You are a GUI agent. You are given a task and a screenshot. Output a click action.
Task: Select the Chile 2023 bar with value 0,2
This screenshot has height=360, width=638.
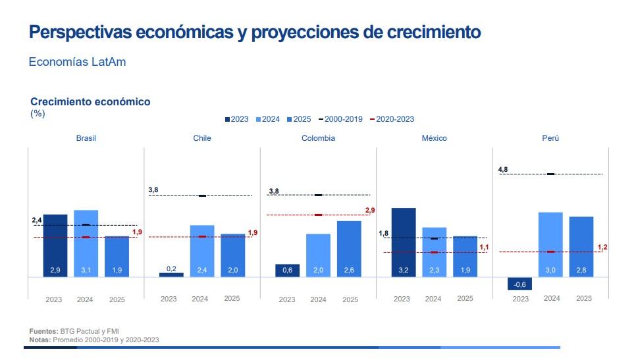[171, 274]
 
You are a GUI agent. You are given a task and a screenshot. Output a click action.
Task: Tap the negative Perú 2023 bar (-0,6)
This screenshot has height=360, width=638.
[519, 284]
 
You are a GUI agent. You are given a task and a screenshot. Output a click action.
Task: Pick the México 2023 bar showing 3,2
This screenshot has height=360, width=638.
[404, 242]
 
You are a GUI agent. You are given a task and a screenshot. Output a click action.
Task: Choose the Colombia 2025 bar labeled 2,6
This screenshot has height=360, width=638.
[349, 249]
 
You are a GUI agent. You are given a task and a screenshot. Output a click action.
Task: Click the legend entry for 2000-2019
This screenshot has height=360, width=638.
[344, 119]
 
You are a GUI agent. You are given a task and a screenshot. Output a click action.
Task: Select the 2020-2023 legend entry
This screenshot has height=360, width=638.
[394, 119]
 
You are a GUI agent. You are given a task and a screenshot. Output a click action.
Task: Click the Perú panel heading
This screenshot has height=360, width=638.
[550, 138]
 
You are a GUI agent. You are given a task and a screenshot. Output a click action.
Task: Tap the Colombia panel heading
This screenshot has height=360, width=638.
[318, 138]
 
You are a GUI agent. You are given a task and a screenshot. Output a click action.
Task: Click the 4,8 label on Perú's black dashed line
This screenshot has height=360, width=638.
[503, 170]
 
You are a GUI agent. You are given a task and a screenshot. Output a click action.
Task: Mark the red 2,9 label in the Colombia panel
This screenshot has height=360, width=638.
[369, 210]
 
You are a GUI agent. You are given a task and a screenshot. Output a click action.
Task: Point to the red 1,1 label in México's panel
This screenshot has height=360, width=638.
[484, 247]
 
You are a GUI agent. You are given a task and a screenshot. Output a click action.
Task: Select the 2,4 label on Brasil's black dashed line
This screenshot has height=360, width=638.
[38, 220]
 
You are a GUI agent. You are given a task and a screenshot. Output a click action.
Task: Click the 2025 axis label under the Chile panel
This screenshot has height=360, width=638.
[232, 298]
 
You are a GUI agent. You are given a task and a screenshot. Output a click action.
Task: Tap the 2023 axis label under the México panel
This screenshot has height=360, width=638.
[402, 299]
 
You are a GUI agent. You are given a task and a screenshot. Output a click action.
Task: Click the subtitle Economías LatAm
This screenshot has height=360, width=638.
[78, 62]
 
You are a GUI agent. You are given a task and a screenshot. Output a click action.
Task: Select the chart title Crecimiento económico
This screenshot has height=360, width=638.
[90, 102]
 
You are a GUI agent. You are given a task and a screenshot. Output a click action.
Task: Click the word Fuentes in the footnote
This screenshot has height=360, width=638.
[43, 331]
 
